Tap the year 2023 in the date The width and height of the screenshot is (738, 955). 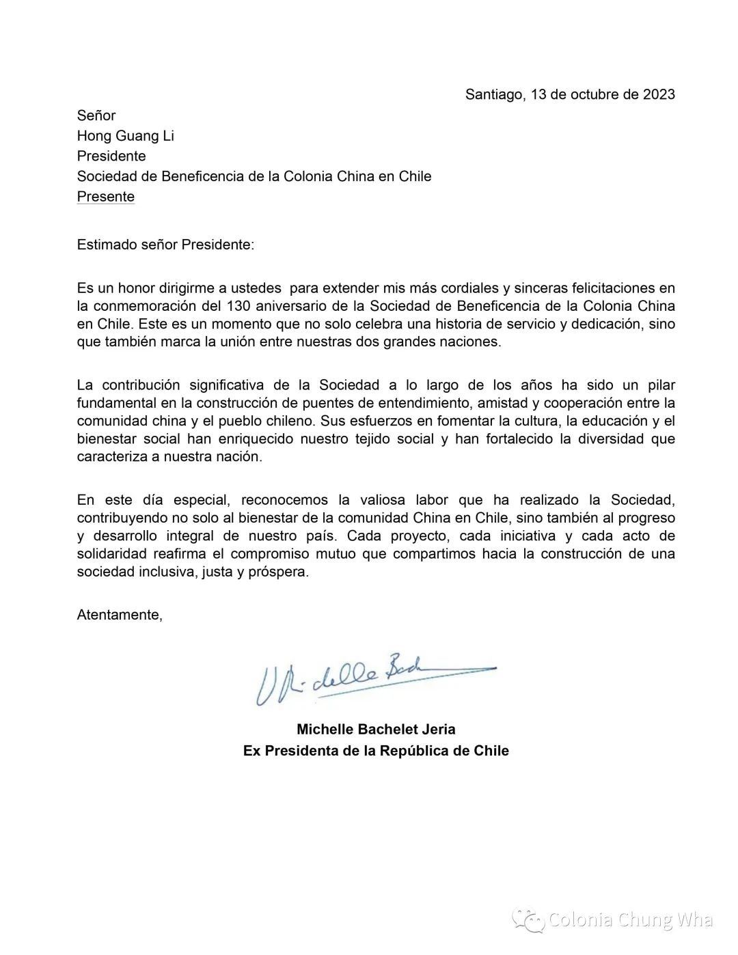click(659, 94)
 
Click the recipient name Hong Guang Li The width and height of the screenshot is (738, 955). click(125, 135)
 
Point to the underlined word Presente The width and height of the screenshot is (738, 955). click(105, 197)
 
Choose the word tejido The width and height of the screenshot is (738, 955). click(379, 439)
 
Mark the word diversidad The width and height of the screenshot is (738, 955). click(609, 439)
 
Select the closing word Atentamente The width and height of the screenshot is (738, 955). click(119, 615)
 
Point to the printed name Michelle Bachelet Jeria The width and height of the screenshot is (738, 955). click(376, 729)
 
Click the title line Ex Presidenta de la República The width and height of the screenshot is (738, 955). click(376, 751)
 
